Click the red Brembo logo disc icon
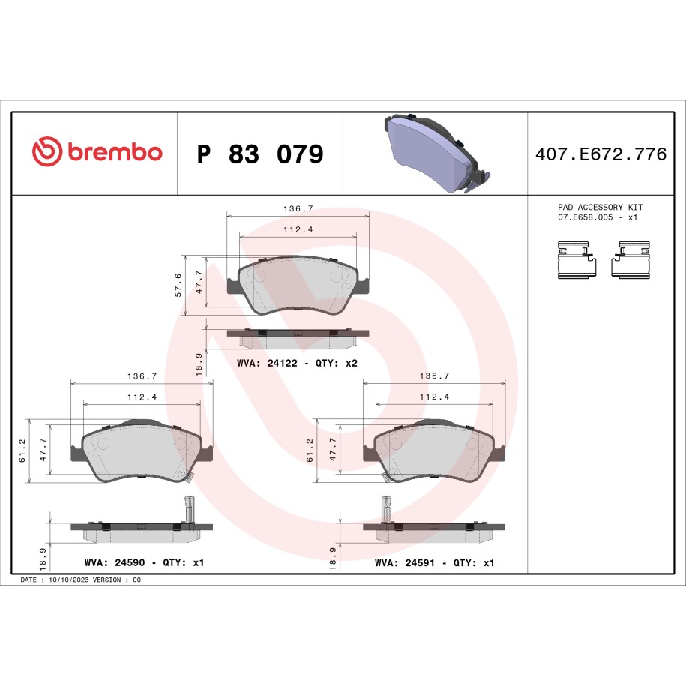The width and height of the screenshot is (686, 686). (x=46, y=151)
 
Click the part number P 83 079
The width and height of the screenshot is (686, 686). (x=260, y=154)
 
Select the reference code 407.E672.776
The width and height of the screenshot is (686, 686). (x=601, y=154)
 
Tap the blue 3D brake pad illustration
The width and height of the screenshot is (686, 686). (x=436, y=154)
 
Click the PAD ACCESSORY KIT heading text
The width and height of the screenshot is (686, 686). (x=600, y=207)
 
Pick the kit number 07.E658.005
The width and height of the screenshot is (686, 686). (x=586, y=217)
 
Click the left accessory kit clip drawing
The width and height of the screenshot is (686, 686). (x=577, y=259)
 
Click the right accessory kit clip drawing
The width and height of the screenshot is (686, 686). (x=631, y=259)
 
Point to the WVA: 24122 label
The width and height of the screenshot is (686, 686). (x=267, y=363)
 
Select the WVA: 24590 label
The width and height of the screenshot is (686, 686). (x=115, y=562)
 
